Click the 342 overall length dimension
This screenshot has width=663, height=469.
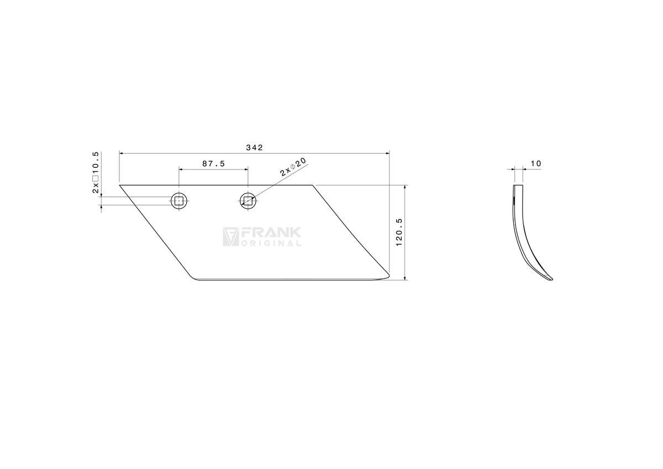pos(254,147)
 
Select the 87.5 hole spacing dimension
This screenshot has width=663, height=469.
pos(214,164)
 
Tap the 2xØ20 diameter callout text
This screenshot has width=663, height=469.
pos(293,167)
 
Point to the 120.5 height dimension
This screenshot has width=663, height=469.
pos(399,232)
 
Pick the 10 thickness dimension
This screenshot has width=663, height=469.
pos(536,164)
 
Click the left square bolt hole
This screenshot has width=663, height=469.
pos(179,201)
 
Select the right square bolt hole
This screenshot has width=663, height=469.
pos(248,201)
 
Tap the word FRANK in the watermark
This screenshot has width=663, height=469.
pos(271,233)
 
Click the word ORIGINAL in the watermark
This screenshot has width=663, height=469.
pos(271,244)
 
